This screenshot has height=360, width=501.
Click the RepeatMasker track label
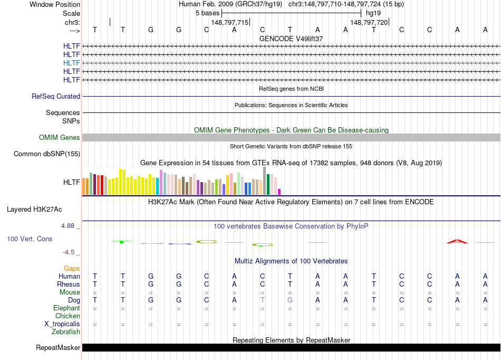58,348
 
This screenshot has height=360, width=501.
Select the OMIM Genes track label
60,138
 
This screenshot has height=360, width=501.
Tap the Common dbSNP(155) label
47,154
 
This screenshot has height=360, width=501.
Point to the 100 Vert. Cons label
30,239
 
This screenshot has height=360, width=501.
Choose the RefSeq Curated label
56,97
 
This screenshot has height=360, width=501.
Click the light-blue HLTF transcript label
72,63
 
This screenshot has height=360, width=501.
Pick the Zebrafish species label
66,332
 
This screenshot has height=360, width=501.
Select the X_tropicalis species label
62,324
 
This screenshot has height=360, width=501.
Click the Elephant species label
66,308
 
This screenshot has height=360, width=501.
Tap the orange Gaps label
72,269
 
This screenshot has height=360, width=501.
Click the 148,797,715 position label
229,23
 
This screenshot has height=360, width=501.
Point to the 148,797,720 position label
369,23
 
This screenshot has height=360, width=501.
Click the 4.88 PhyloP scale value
71,226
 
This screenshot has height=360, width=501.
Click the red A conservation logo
457,241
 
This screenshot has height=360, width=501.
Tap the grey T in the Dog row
262,300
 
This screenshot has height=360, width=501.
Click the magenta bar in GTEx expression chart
280,192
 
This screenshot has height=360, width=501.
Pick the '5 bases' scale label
207,13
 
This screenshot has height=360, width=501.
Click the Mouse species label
70,292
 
